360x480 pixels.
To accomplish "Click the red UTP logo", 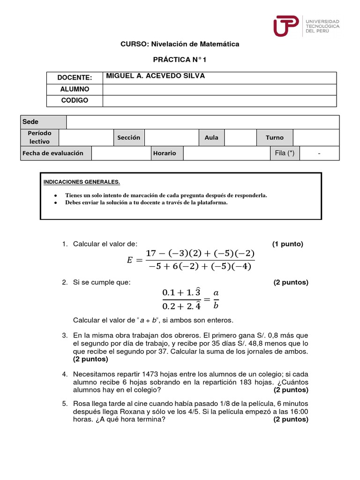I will click(286, 26).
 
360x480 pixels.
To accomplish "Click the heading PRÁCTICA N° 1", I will click(180, 60).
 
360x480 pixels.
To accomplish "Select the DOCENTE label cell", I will click(75, 77).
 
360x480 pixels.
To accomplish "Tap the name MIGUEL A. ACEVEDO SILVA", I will click(156, 76).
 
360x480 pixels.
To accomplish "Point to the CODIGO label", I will click(75, 100).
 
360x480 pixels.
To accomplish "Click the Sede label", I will click(30, 122).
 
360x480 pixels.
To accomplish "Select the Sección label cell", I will click(129, 138).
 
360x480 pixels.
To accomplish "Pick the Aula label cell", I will click(211, 138).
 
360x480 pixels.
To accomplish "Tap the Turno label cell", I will click(275, 138).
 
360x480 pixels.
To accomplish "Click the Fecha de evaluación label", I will click(53, 153).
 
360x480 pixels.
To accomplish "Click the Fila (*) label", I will click(285, 153).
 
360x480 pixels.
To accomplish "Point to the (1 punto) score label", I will click(288, 244).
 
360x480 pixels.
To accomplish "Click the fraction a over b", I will click(216, 299).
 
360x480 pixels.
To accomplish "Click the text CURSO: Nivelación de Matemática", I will click(180, 44).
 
